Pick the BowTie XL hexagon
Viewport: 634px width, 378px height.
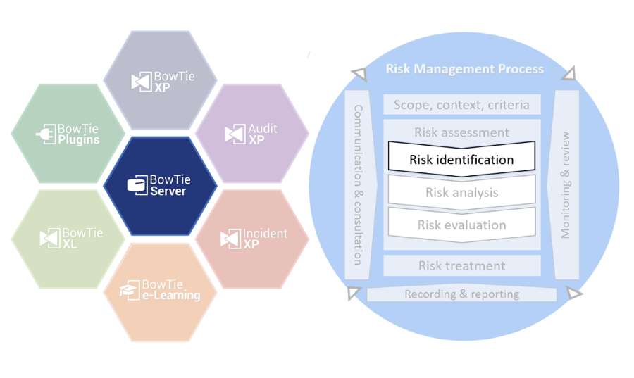coord(68,238)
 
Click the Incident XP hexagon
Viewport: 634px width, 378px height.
coord(251,238)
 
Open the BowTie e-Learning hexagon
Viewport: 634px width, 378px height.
coord(160,291)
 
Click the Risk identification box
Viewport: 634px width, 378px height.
coord(461,159)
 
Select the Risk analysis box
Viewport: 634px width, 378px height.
coord(461,192)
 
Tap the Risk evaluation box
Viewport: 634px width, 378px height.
coord(461,225)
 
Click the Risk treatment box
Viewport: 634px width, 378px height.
coord(461,265)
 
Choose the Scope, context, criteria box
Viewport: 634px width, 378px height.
coord(461,105)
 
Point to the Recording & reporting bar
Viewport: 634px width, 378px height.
coord(461,294)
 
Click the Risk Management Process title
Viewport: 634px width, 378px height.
coord(464,69)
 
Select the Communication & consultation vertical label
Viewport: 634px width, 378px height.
coord(358,184)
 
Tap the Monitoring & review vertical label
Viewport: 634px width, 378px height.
coord(565,184)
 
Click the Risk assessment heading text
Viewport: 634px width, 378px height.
coord(461,132)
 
